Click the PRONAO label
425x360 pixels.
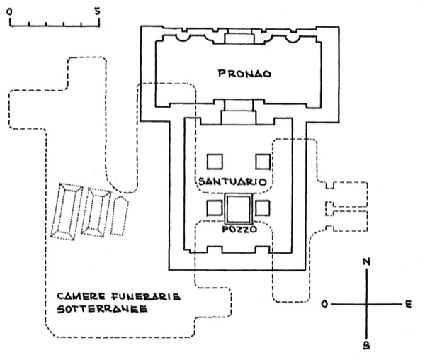(x=244, y=74)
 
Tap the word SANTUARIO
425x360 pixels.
(x=232, y=181)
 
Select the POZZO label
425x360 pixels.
(x=239, y=230)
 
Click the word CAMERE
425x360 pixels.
(x=81, y=296)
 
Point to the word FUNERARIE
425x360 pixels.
(x=146, y=296)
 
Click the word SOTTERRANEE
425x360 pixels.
(x=102, y=309)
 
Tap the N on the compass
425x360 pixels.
(x=366, y=261)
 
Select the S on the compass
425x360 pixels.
(x=366, y=345)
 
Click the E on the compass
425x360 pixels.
(x=408, y=304)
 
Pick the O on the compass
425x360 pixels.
(x=324, y=304)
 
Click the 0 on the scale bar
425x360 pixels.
(x=10, y=11)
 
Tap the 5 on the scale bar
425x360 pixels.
(x=97, y=11)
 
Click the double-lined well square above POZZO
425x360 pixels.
(x=238, y=194)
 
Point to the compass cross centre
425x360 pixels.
(x=366, y=304)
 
